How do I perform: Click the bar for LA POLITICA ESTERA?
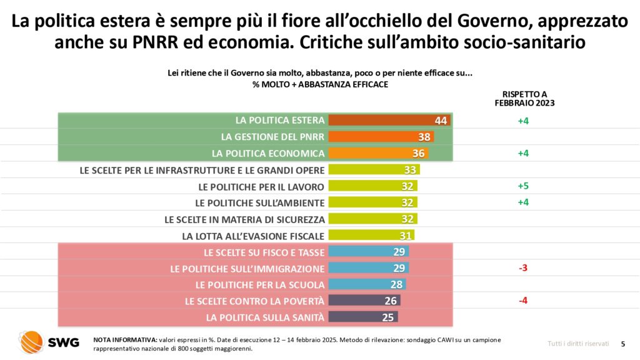point(389,121)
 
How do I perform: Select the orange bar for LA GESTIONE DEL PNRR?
point(381,137)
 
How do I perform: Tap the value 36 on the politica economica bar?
point(419,153)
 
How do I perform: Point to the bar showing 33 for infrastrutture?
point(374,169)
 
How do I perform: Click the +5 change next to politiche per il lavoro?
point(523,186)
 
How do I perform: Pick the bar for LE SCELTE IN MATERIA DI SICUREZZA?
point(372,219)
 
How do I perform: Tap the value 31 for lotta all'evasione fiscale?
point(404,236)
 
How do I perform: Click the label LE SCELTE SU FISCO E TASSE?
point(264,252)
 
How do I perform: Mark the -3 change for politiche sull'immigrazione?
point(523,268)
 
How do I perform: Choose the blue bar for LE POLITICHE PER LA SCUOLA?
point(367,284)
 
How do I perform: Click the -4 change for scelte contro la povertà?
point(523,301)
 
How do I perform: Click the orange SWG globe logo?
point(31,341)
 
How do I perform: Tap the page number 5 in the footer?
point(622,344)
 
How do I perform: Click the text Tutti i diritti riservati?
point(577,344)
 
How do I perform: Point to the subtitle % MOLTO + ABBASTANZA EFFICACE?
point(319,84)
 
